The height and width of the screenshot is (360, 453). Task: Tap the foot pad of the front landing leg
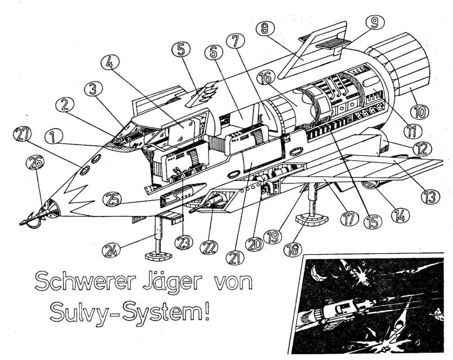click(158, 257)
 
